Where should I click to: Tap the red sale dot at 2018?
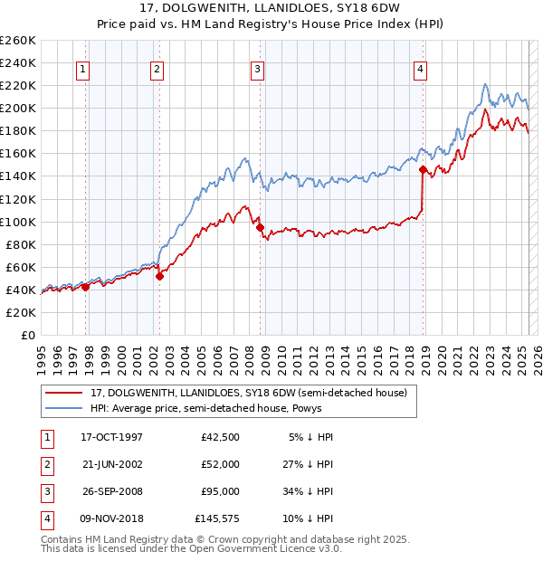coord(423,169)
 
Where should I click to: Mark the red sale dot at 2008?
coord(261,227)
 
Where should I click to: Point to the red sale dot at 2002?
coord(159,276)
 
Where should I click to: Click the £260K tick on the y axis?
coord(18,41)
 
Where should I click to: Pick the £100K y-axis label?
coord(18,222)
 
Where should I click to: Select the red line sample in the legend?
coord(63,393)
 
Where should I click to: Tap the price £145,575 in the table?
coord(216,518)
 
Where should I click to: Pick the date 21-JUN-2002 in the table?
coord(111,464)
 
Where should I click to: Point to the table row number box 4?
coord(45,518)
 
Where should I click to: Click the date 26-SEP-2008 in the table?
coord(111,491)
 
